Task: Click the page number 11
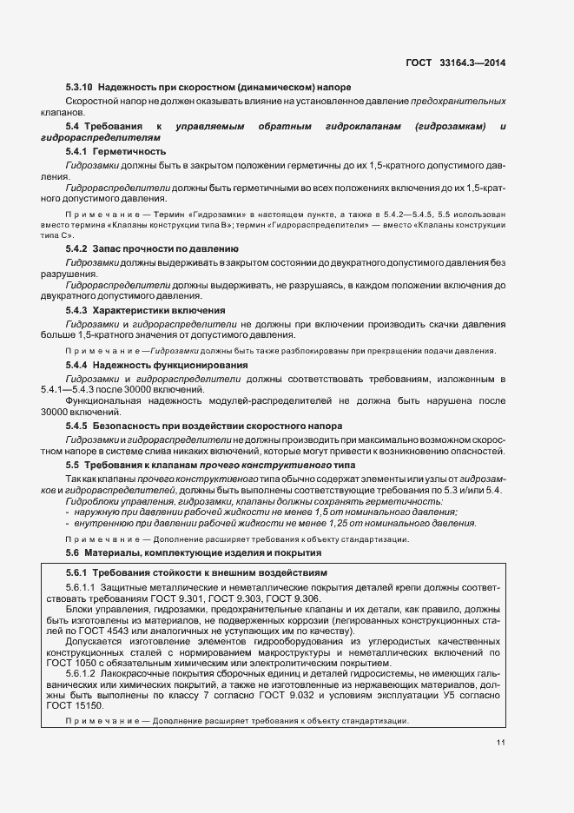point(501,742)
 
